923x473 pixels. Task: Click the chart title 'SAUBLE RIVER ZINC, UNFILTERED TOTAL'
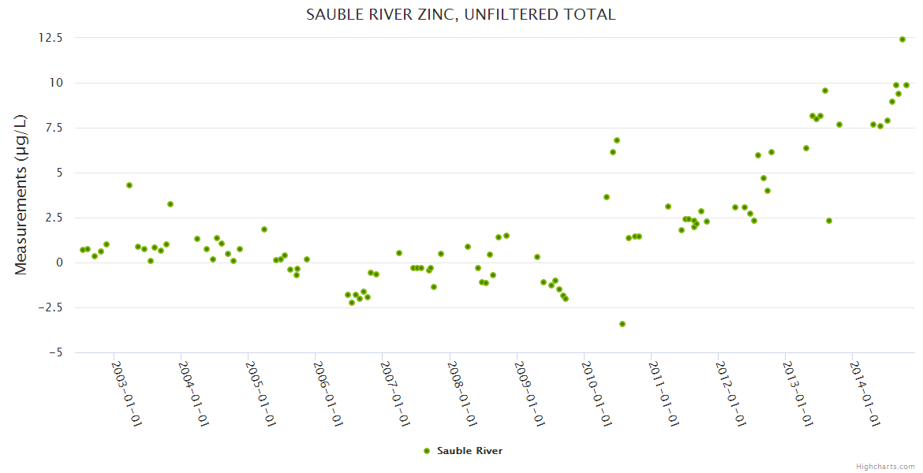(x=461, y=14)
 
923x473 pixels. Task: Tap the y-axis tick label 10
(x=57, y=83)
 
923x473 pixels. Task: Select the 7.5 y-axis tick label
(x=53, y=128)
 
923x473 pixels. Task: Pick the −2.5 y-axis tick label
(x=49, y=307)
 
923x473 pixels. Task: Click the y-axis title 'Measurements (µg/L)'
(x=21, y=195)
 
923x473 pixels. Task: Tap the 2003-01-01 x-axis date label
(x=125, y=393)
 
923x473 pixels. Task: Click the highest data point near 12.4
(x=902, y=39)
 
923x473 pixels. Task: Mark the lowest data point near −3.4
(x=622, y=324)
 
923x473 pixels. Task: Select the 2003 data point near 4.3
(x=129, y=185)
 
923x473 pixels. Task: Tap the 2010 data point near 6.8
(x=617, y=140)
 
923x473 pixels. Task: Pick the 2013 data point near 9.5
(x=825, y=91)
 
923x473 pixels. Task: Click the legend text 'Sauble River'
(x=469, y=451)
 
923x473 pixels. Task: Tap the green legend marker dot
(x=427, y=451)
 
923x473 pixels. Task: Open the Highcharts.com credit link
(x=885, y=467)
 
